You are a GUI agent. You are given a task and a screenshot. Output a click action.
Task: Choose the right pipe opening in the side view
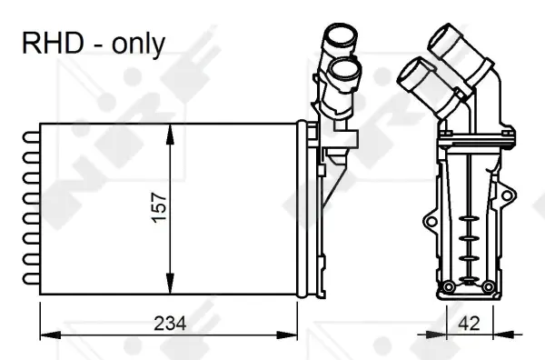(448, 41)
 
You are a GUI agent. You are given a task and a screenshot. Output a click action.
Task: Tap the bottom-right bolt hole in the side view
(488, 290)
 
